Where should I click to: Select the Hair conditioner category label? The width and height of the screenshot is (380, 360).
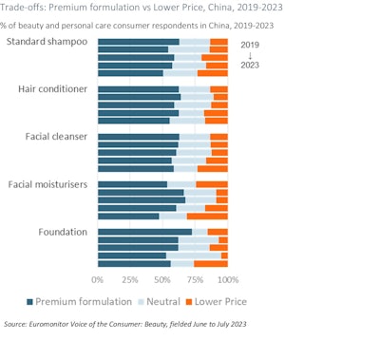(53, 88)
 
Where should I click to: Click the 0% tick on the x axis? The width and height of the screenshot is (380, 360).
(97, 279)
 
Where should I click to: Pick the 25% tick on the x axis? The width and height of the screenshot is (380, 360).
(129, 279)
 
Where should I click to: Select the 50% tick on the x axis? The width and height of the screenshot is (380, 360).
(162, 279)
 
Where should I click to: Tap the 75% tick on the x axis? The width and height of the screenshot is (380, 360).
(195, 279)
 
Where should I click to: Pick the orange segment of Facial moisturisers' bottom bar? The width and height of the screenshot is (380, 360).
(207, 216)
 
